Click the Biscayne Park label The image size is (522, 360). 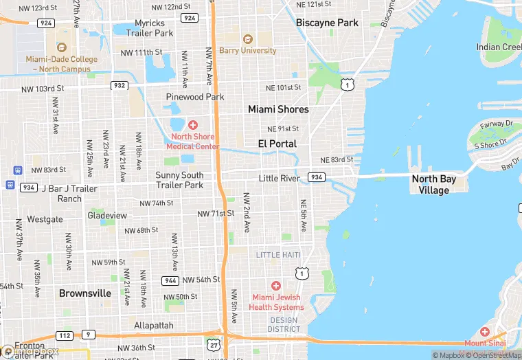pyautogui.click(x=327, y=23)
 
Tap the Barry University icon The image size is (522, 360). pyautogui.click(x=247, y=37)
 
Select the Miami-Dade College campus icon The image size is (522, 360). pyautogui.click(x=62, y=47)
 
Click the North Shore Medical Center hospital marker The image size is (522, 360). pyautogui.click(x=193, y=124)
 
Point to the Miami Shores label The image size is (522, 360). pyautogui.click(x=278, y=109)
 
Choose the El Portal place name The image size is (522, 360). pyautogui.click(x=277, y=144)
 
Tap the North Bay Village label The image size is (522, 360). pyautogui.click(x=433, y=184)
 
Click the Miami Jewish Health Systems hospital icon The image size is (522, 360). pyautogui.click(x=276, y=286)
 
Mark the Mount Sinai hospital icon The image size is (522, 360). pyautogui.click(x=486, y=331)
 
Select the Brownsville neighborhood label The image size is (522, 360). pyautogui.click(x=85, y=293)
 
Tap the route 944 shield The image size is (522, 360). pyautogui.click(x=170, y=280)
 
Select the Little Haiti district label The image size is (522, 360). pyautogui.click(x=278, y=255)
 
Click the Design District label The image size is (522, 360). pyautogui.click(x=284, y=324)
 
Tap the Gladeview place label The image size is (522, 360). pyautogui.click(x=107, y=215)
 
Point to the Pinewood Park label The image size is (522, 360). pyautogui.click(x=195, y=97)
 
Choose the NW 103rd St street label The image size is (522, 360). pyautogui.click(x=41, y=89)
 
